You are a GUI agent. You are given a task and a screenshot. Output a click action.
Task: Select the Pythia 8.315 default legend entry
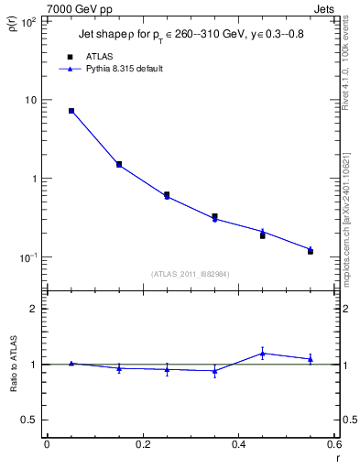125,69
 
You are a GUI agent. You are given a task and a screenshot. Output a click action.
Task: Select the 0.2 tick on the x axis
142,445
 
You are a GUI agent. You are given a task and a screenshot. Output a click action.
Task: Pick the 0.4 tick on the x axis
239,445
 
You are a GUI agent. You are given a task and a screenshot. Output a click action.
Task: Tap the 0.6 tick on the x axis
334,445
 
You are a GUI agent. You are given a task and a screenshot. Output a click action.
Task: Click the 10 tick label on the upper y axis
31,100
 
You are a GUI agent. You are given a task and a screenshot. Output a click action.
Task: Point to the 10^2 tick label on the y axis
29,20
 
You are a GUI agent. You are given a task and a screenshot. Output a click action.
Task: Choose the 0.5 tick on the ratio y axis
29,420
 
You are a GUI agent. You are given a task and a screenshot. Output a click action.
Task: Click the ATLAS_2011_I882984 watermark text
191,273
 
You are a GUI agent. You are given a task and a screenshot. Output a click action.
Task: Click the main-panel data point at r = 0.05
71,111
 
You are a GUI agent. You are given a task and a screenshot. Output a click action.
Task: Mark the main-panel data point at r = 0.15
119,165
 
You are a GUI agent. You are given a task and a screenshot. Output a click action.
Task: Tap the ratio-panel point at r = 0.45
263,353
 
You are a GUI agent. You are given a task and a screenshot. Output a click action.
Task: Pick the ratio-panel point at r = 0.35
214,371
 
